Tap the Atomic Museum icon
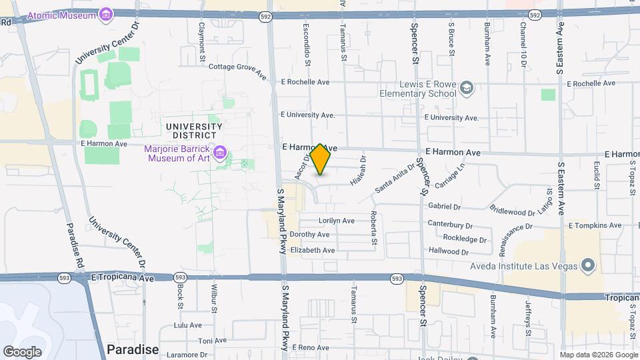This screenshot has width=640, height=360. (106, 13)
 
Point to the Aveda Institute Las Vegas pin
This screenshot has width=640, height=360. (587, 267)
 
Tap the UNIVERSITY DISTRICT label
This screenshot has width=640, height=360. (193, 131)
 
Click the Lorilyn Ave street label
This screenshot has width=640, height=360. (336, 221)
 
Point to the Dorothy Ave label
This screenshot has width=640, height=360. (309, 235)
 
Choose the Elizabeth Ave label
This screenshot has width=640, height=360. (313, 250)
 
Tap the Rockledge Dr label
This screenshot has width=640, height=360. (465, 239)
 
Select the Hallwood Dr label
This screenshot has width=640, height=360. (449, 252)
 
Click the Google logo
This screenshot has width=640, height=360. (22, 352)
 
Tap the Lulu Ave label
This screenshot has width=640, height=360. (187, 325)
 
